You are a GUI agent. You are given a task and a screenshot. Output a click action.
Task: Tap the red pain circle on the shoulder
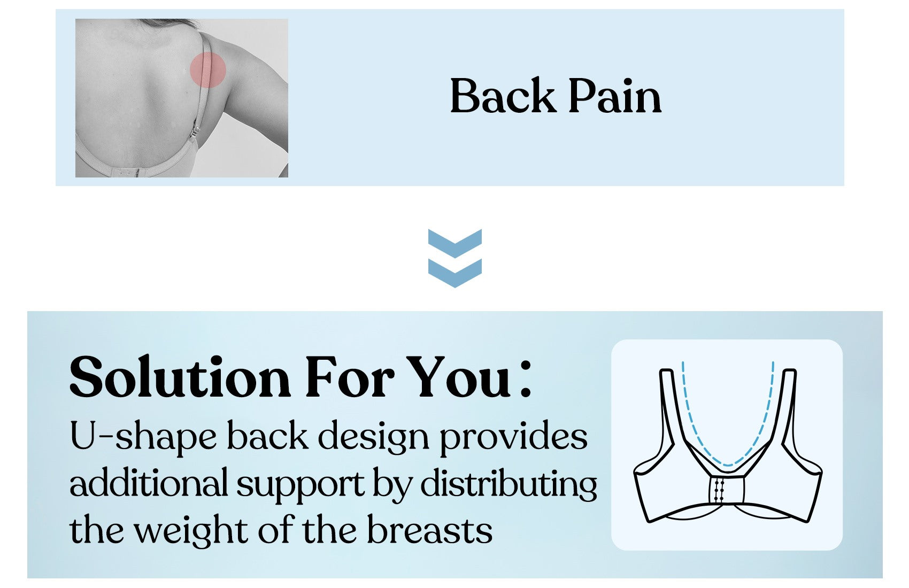coord(208,70)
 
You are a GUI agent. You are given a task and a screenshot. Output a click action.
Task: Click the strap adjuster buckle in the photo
coord(196,131)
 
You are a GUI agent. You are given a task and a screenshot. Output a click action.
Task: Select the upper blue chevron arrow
coord(455,243)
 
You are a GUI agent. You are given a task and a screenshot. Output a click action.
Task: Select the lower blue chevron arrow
coord(455,273)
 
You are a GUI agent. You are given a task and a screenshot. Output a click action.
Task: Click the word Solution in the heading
coord(180,378)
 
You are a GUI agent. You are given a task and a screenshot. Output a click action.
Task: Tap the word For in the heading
coord(350,378)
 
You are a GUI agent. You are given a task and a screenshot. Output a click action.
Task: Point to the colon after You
coord(526,379)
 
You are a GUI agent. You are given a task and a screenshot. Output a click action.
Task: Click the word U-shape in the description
coord(143,437)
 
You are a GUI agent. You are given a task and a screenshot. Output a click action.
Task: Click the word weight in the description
coord(191,531)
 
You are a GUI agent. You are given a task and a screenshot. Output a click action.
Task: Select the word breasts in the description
coord(429,530)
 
